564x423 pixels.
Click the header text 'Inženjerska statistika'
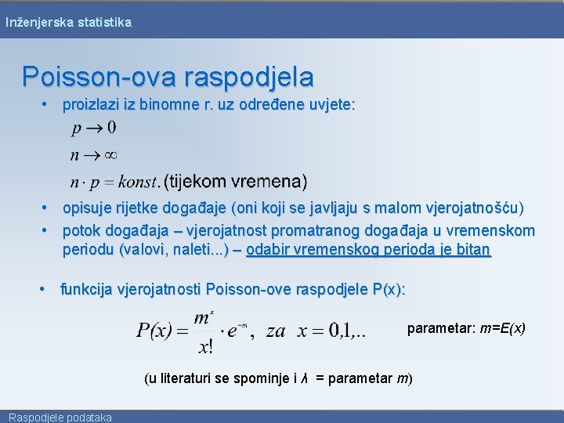(x=68, y=23)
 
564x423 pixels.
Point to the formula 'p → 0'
(x=94, y=127)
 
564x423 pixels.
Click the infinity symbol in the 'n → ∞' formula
(x=110, y=155)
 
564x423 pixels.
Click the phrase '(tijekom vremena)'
(x=236, y=182)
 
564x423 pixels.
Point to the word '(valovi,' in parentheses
(x=142, y=251)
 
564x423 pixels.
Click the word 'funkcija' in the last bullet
(x=86, y=290)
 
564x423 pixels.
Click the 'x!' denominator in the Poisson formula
(x=206, y=345)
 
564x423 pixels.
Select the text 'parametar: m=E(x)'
(x=466, y=327)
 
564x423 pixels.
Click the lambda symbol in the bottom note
(x=304, y=379)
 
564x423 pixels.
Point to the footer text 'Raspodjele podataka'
(x=60, y=417)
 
